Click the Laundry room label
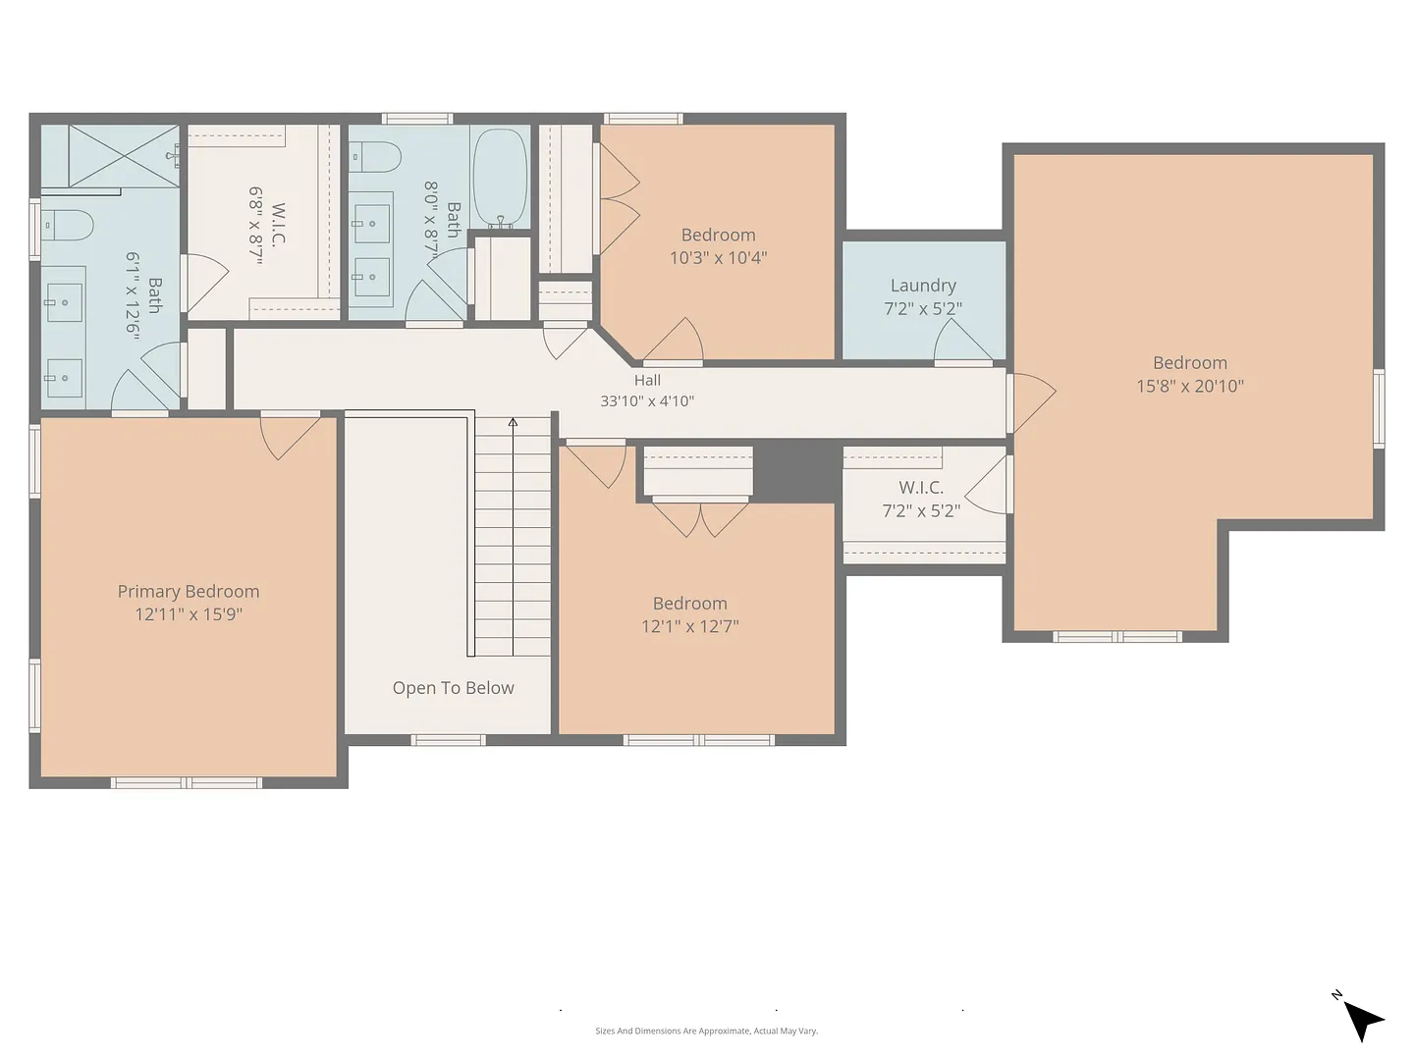(922, 285)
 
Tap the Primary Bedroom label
(189, 591)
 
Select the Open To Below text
(453, 687)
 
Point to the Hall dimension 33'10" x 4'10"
(647, 401)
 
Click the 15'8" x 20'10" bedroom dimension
(1189, 386)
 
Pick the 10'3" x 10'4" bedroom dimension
(718, 257)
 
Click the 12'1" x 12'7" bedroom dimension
(689, 625)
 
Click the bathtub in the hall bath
(500, 177)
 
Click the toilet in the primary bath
(69, 226)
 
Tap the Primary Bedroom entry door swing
(290, 438)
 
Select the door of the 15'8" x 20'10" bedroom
(1031, 402)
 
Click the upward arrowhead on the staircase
(513, 422)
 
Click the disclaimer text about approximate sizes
(706, 1031)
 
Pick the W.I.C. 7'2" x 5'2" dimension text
(920, 510)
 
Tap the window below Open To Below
(448, 740)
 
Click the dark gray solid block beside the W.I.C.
(797, 474)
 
